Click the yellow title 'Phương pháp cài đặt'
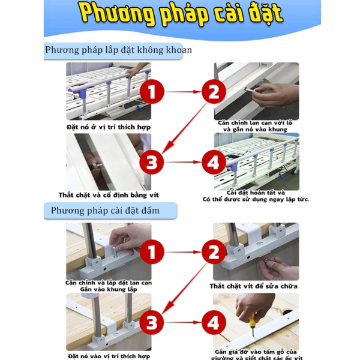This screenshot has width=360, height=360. click(x=181, y=14)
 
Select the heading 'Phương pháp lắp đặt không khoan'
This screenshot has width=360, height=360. click(x=118, y=50)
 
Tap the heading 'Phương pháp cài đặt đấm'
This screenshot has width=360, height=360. click(x=105, y=211)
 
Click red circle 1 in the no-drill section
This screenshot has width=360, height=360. click(x=152, y=92)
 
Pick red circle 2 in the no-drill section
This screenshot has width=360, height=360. click(x=214, y=92)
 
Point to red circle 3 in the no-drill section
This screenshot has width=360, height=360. click(x=152, y=162)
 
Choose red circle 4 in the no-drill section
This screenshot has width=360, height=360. click(x=214, y=162)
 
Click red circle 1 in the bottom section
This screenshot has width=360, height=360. click(x=152, y=252)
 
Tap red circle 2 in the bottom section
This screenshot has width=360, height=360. click(x=214, y=252)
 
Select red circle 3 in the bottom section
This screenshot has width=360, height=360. click(x=152, y=322)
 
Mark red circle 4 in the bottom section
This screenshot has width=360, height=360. click(x=214, y=322)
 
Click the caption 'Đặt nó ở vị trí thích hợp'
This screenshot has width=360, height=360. click(x=109, y=127)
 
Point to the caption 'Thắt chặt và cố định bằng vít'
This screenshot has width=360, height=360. click(x=109, y=195)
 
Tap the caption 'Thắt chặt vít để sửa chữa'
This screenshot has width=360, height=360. click(x=253, y=286)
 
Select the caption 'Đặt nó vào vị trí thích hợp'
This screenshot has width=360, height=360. click(x=109, y=356)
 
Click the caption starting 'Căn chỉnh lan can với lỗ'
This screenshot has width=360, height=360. click(x=255, y=126)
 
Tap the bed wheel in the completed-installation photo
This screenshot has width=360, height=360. click(x=295, y=171)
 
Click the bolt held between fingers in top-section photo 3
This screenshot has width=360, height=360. click(x=96, y=164)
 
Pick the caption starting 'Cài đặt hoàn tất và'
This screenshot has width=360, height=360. click(x=256, y=196)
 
